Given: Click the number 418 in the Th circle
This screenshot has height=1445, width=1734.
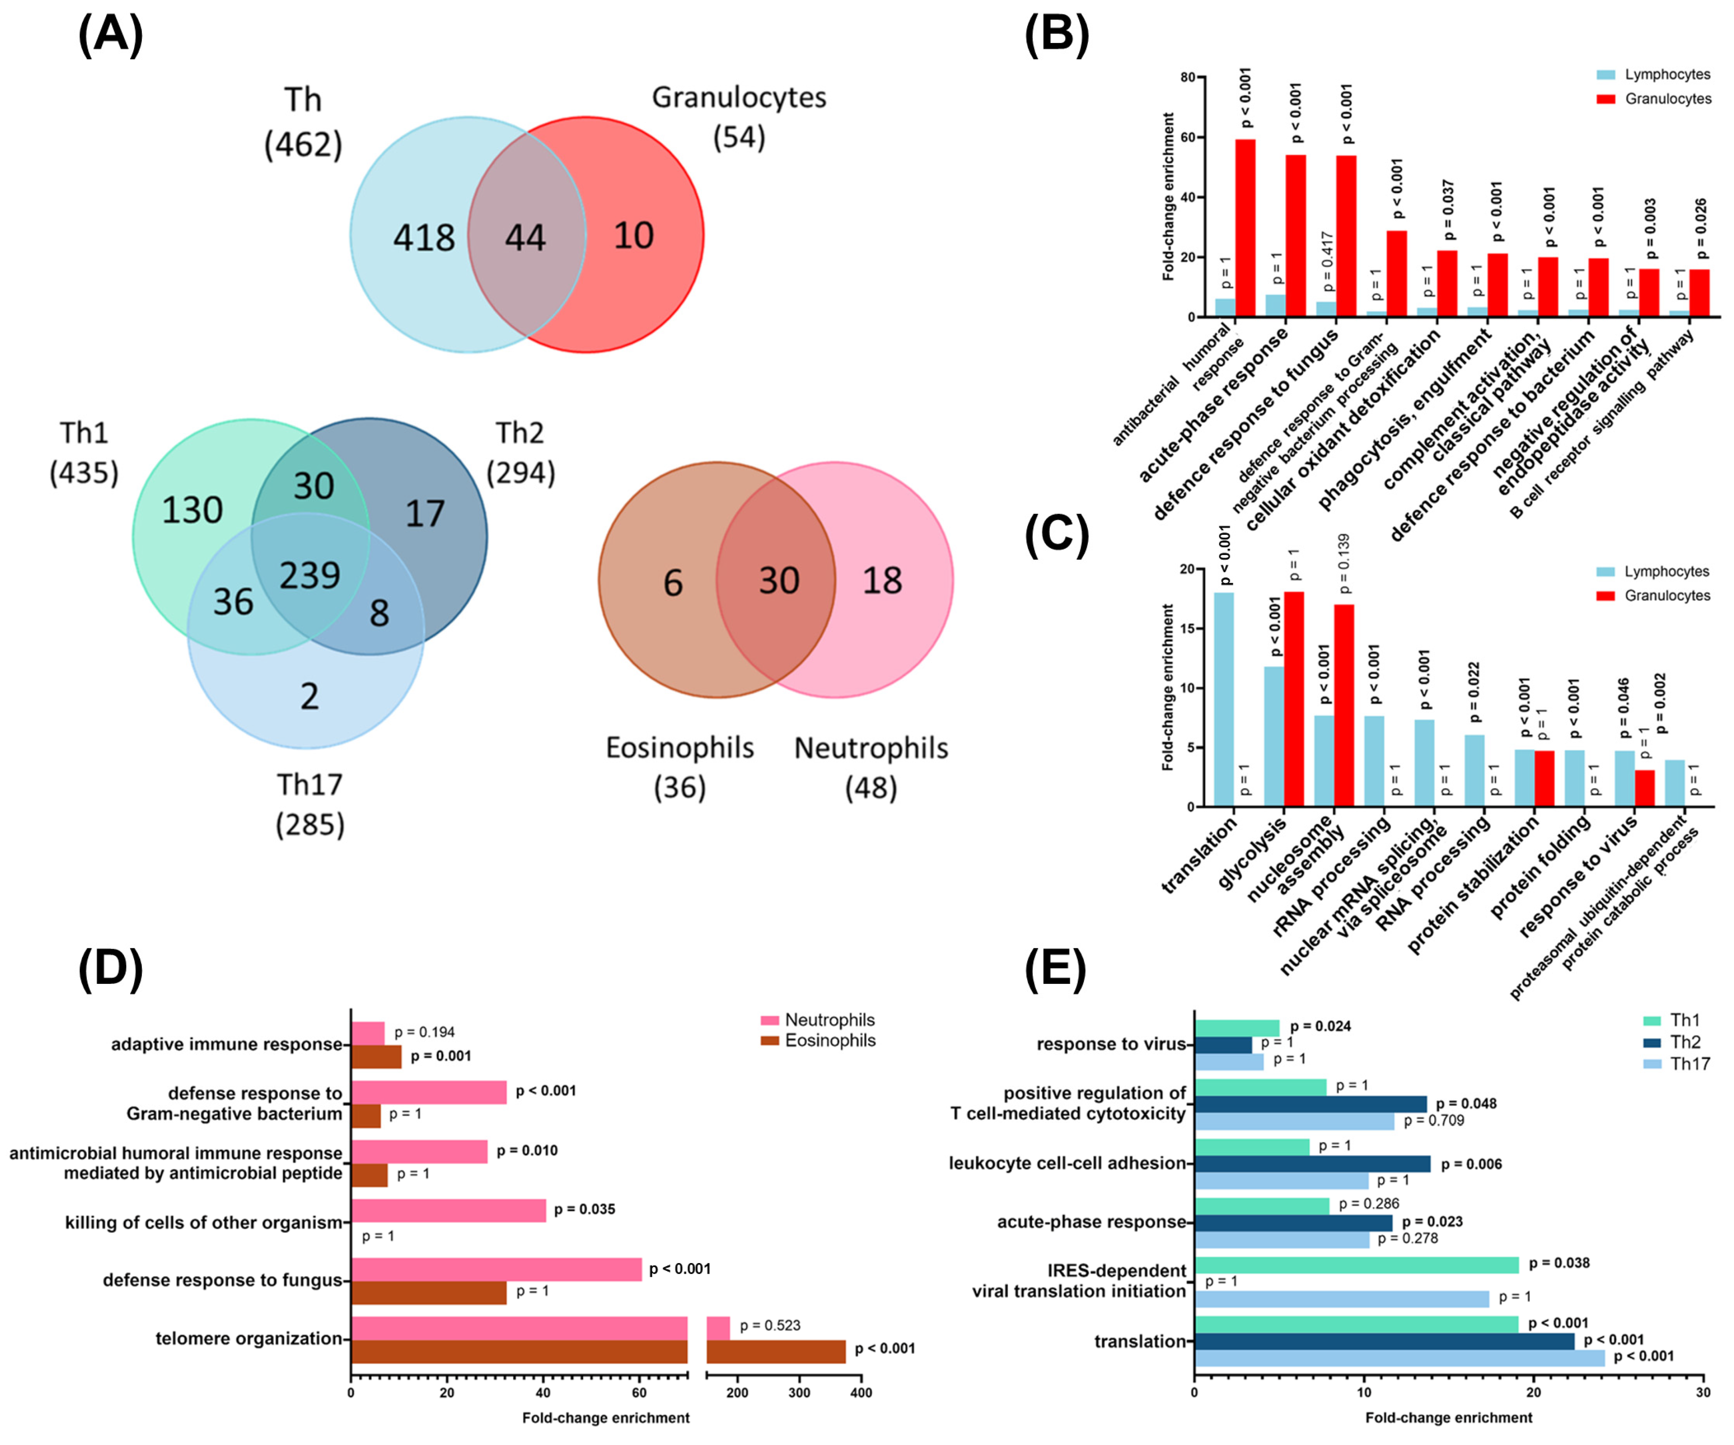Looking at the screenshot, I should [x=423, y=238].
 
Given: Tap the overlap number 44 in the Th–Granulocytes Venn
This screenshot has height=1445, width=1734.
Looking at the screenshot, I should [x=525, y=238].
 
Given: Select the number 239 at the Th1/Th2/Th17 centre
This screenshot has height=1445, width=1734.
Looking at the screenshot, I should [x=310, y=575].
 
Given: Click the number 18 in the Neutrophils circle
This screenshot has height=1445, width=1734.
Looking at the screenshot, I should [x=882, y=581].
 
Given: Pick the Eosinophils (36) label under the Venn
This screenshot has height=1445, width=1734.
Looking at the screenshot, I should [x=679, y=767].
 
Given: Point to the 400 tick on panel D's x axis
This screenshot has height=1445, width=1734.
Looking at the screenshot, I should [x=861, y=1392].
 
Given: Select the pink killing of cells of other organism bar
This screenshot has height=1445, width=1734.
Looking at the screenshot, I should [x=448, y=1211].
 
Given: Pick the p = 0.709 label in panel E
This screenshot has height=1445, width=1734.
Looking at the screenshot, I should [x=1434, y=1120].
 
